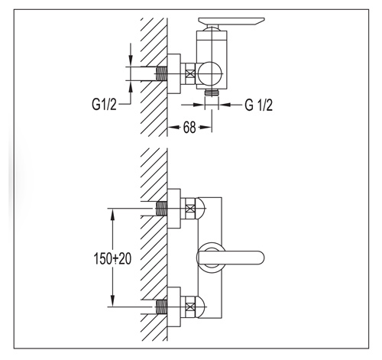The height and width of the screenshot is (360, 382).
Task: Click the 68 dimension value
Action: [189, 128]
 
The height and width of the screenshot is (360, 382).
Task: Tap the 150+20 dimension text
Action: [112, 258]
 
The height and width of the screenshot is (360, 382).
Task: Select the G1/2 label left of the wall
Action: [104, 105]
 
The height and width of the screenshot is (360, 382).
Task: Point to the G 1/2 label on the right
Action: [259, 105]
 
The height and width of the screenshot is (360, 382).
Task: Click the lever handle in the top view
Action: [231, 21]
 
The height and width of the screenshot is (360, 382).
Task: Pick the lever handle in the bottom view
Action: [231, 258]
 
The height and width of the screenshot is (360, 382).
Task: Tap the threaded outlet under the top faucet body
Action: [212, 93]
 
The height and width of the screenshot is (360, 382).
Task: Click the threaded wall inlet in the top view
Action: [161, 74]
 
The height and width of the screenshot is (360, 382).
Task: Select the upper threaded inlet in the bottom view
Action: [161, 209]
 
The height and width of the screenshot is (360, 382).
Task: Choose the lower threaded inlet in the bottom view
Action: [161, 306]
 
